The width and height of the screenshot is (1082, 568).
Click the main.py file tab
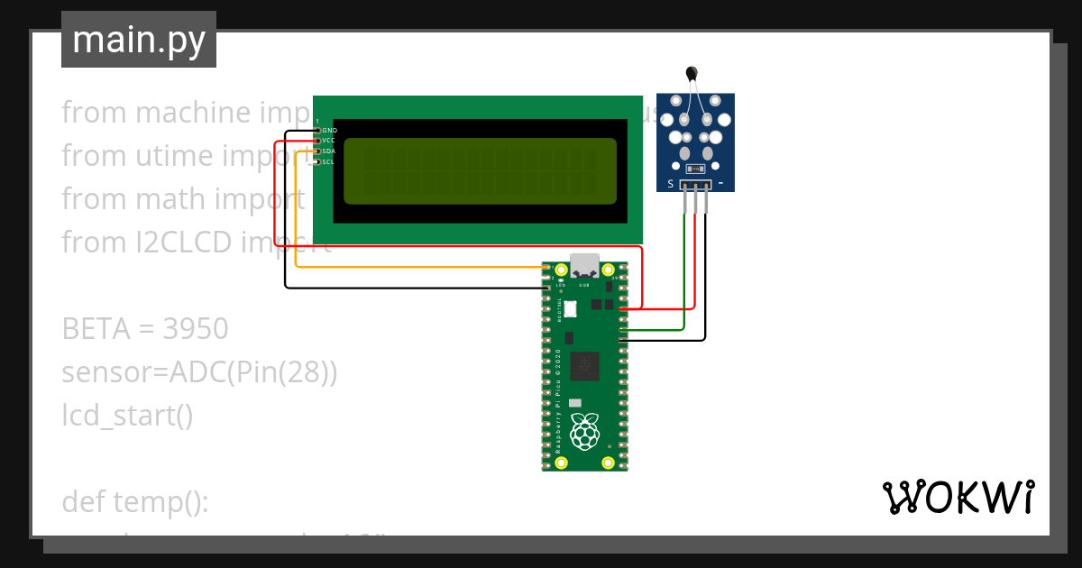(x=138, y=41)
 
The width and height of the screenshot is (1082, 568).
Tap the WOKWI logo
(x=957, y=498)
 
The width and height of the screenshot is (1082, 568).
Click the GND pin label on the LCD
(x=329, y=131)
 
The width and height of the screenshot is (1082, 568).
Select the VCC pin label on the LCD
(x=329, y=141)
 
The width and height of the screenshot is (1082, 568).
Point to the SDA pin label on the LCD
(x=329, y=151)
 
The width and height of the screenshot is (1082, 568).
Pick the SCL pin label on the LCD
(x=329, y=162)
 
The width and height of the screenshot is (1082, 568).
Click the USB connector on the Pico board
(x=584, y=265)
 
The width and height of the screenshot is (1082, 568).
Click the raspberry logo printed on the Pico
(x=585, y=433)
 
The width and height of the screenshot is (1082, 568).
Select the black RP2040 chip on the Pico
(x=585, y=365)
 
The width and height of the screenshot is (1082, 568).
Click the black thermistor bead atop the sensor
(x=692, y=73)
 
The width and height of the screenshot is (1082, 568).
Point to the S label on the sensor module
(x=671, y=185)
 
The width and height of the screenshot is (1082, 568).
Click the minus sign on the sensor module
(x=720, y=185)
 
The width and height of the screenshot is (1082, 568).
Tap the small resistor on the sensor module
(x=694, y=169)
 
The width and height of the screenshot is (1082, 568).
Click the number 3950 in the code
(x=196, y=329)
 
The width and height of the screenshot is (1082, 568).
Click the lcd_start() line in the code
(x=127, y=416)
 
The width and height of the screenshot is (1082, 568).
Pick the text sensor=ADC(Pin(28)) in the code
(x=199, y=372)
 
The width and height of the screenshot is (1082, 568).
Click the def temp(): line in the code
(x=135, y=502)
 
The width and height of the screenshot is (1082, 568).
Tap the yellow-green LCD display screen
(x=480, y=171)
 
